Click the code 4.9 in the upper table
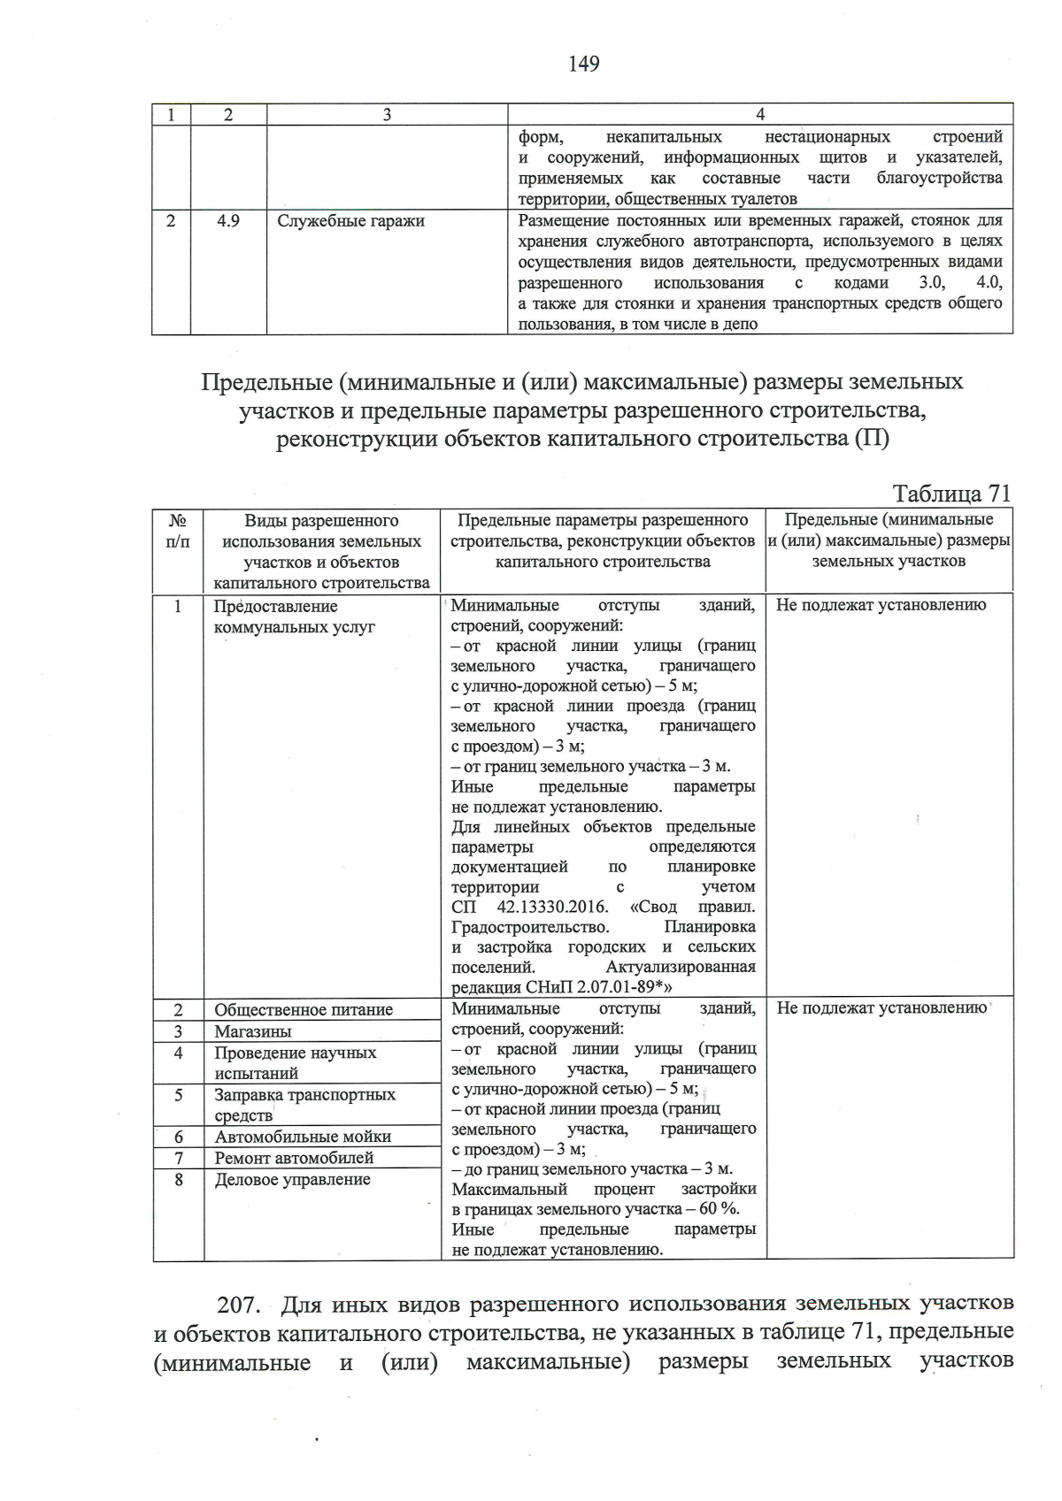(x=228, y=221)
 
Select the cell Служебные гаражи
(x=350, y=221)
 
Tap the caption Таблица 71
(x=951, y=494)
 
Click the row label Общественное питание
(x=304, y=1010)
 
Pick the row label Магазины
(x=252, y=1031)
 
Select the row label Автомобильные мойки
(x=303, y=1137)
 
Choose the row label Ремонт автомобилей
(x=294, y=1158)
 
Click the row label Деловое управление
(x=292, y=1180)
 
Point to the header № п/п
(x=178, y=531)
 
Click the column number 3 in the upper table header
(x=387, y=114)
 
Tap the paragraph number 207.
(x=240, y=1306)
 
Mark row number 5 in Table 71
(x=179, y=1095)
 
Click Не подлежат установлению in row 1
(x=881, y=606)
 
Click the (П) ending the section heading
(x=871, y=439)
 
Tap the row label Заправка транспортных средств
(x=304, y=1105)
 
